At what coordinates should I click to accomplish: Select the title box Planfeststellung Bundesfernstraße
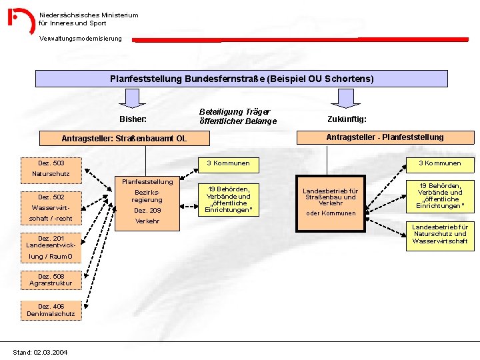pos(241,79)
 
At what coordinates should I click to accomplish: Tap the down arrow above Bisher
pos(135,99)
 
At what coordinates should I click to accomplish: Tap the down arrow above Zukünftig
pos(345,99)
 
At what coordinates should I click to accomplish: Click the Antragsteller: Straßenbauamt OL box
pos(124,139)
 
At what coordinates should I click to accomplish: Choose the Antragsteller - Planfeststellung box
pos(384,137)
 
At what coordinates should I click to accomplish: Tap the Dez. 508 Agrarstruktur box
pos(51,279)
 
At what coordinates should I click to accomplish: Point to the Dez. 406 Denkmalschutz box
pos(51,310)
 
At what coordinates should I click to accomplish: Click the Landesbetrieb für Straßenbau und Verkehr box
pos(330,197)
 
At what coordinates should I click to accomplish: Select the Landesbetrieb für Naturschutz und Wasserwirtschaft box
pos(439,234)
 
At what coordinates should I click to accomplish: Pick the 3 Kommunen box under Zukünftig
pos(439,163)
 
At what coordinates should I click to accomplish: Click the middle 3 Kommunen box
pos(228,163)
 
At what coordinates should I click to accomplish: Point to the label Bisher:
pos(133,119)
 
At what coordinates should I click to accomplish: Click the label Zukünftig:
pos(347,119)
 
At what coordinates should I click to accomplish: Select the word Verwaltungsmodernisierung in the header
pos(81,39)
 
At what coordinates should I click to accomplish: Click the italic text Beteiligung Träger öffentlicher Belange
pos(237,117)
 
